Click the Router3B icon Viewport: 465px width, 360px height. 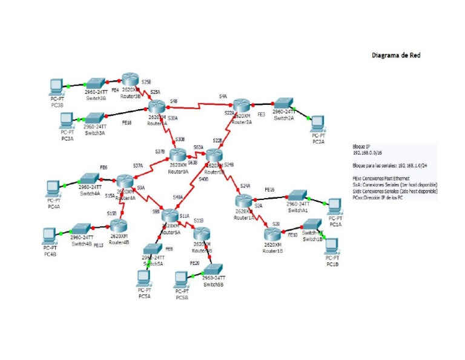click(x=130, y=81)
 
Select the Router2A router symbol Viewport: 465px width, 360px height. click(x=241, y=105)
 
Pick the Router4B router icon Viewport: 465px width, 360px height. click(x=119, y=226)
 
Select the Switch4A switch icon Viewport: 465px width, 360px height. click(x=89, y=180)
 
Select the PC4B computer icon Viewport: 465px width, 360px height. click(x=50, y=235)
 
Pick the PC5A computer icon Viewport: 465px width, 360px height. click(x=144, y=279)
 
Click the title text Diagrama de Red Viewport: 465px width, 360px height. click(x=395, y=55)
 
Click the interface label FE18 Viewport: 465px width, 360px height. click(x=127, y=123)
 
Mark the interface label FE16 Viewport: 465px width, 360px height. click(x=269, y=190)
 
